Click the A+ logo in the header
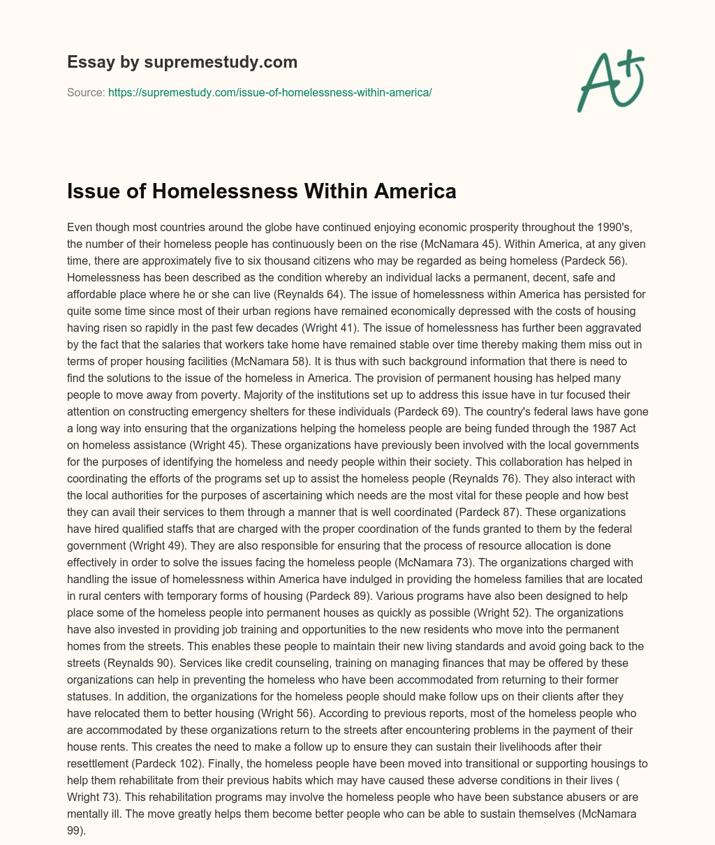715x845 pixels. (x=610, y=81)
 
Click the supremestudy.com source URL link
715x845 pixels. (x=270, y=92)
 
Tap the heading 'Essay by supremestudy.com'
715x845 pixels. (x=182, y=62)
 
